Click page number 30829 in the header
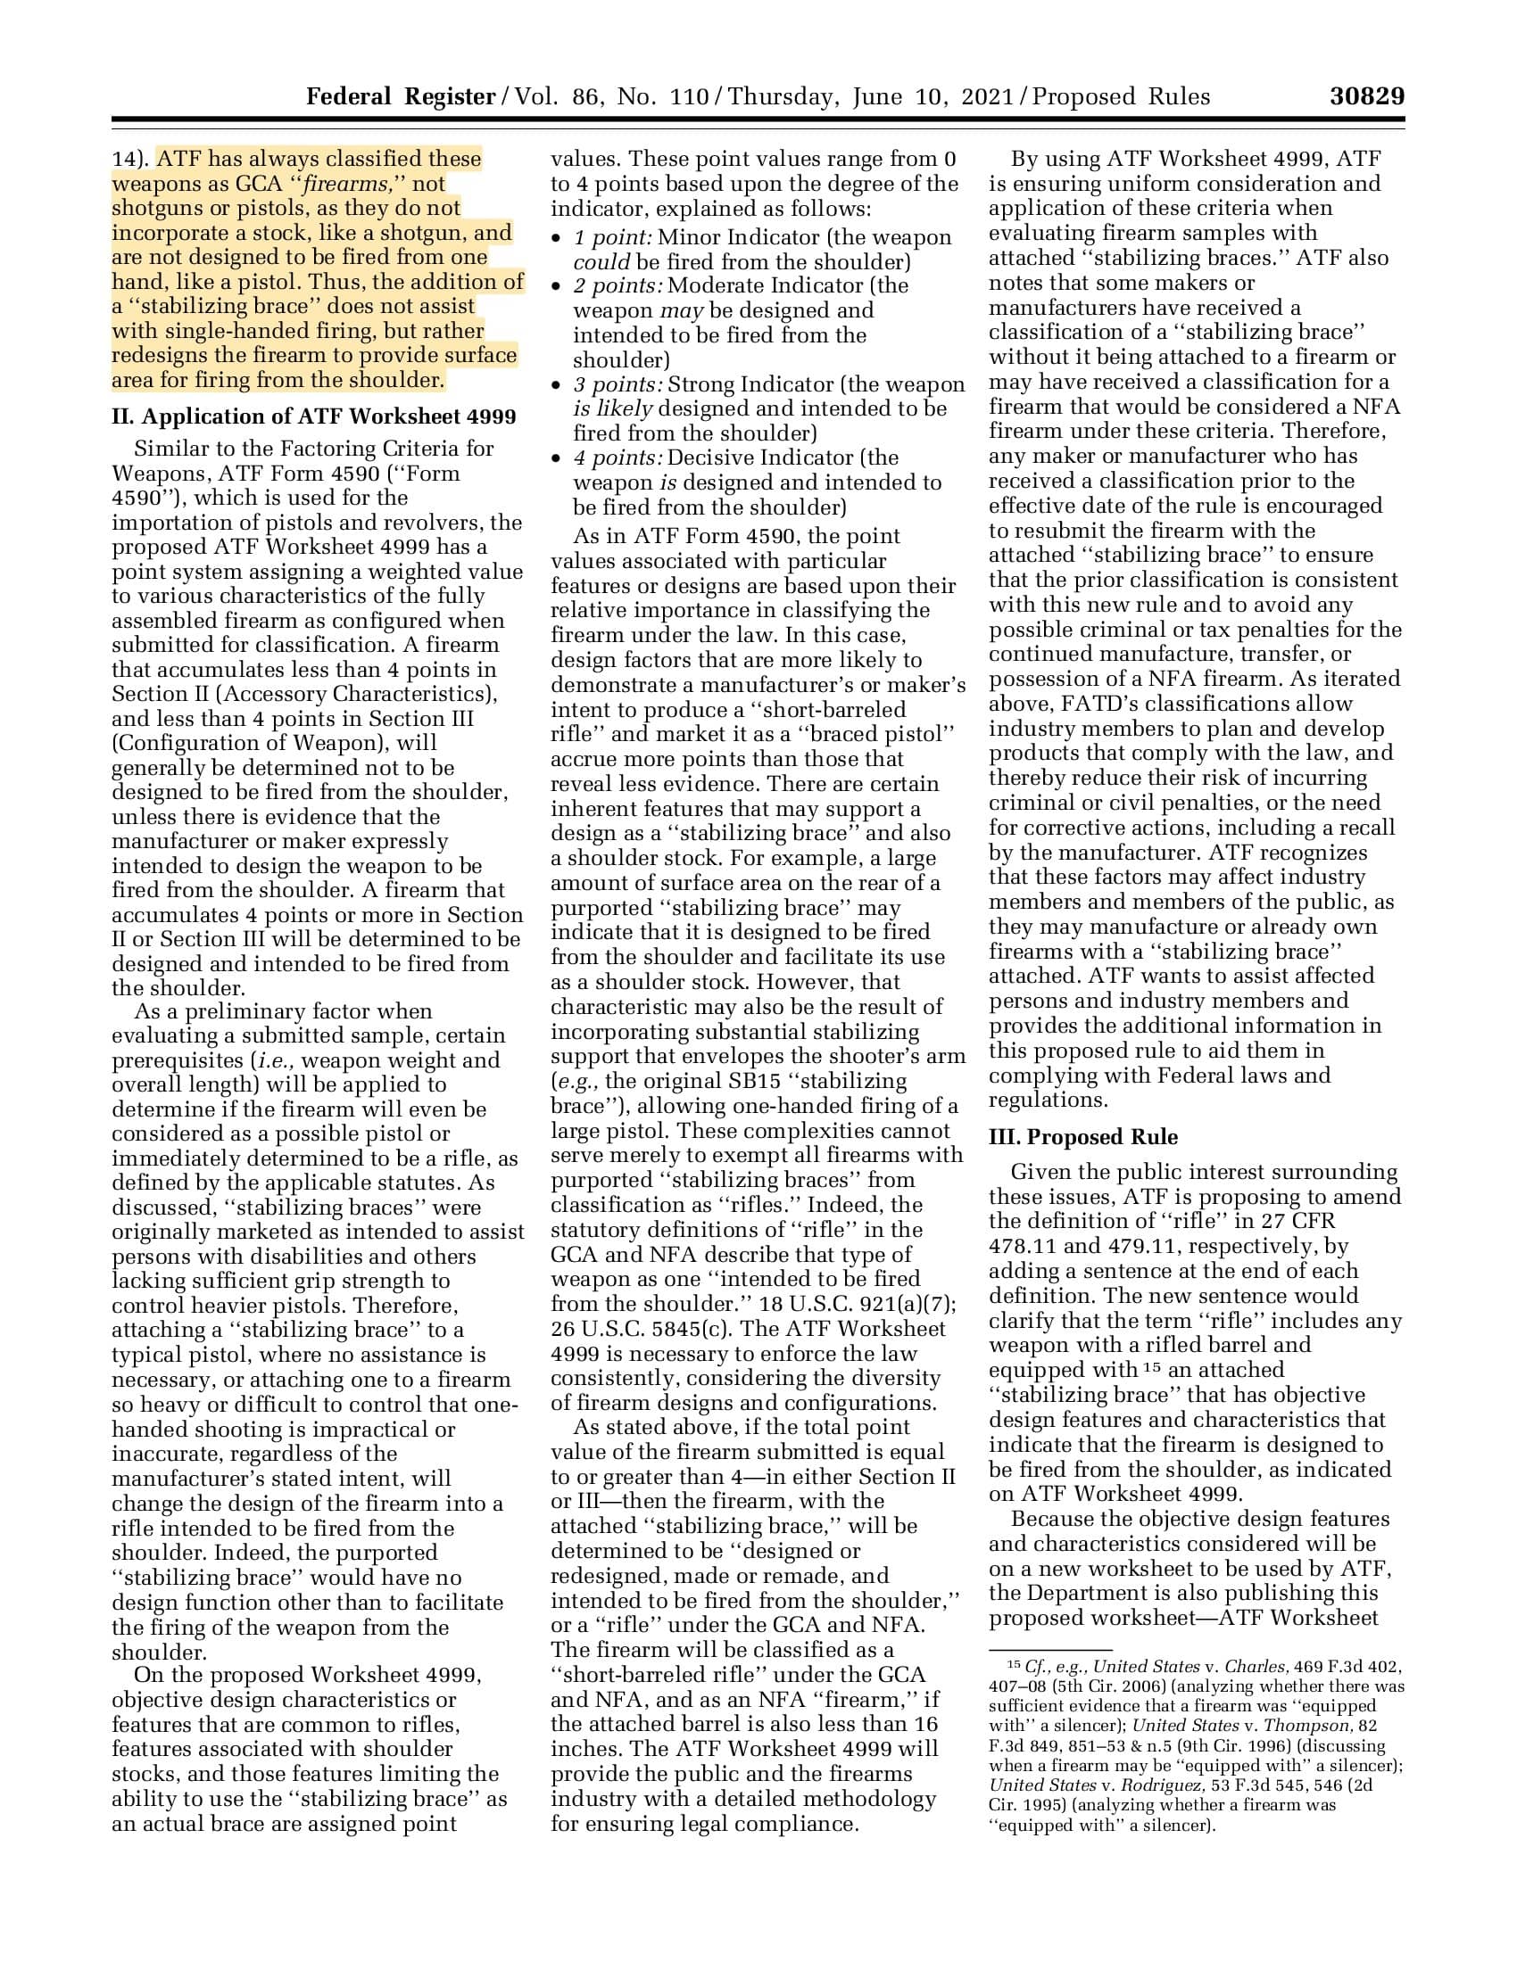(1367, 96)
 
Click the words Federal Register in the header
(400, 96)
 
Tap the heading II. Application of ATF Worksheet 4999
(313, 416)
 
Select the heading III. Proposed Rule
(1083, 1136)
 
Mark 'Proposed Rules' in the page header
(1120, 96)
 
